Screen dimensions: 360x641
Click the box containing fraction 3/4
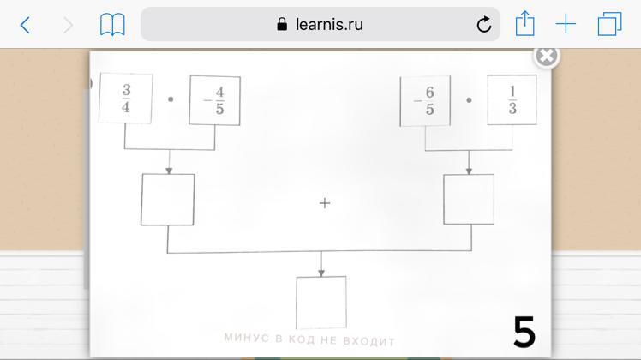click(x=126, y=99)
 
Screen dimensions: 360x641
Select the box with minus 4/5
click(x=214, y=100)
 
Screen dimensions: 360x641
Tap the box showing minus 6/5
click(x=424, y=101)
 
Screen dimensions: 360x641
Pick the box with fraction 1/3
click(x=512, y=100)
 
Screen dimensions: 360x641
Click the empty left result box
click(x=167, y=200)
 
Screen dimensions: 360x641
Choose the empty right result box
click(x=468, y=199)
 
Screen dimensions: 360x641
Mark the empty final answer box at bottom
click(x=320, y=302)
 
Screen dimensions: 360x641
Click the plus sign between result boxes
click(x=324, y=203)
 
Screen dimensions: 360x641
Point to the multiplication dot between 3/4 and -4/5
click(x=171, y=99)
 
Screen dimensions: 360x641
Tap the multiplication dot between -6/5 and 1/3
click(x=469, y=99)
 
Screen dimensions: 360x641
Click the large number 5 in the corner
click(x=524, y=332)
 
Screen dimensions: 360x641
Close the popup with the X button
click(x=546, y=56)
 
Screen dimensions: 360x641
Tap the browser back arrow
click(x=26, y=25)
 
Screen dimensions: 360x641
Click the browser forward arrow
click(x=68, y=25)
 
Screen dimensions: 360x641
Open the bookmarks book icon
click(x=112, y=24)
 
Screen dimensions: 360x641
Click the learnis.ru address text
click(x=329, y=25)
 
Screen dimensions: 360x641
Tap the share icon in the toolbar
click(x=524, y=23)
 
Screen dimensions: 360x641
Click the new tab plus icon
click(x=566, y=24)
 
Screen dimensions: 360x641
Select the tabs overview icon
click(x=609, y=24)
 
